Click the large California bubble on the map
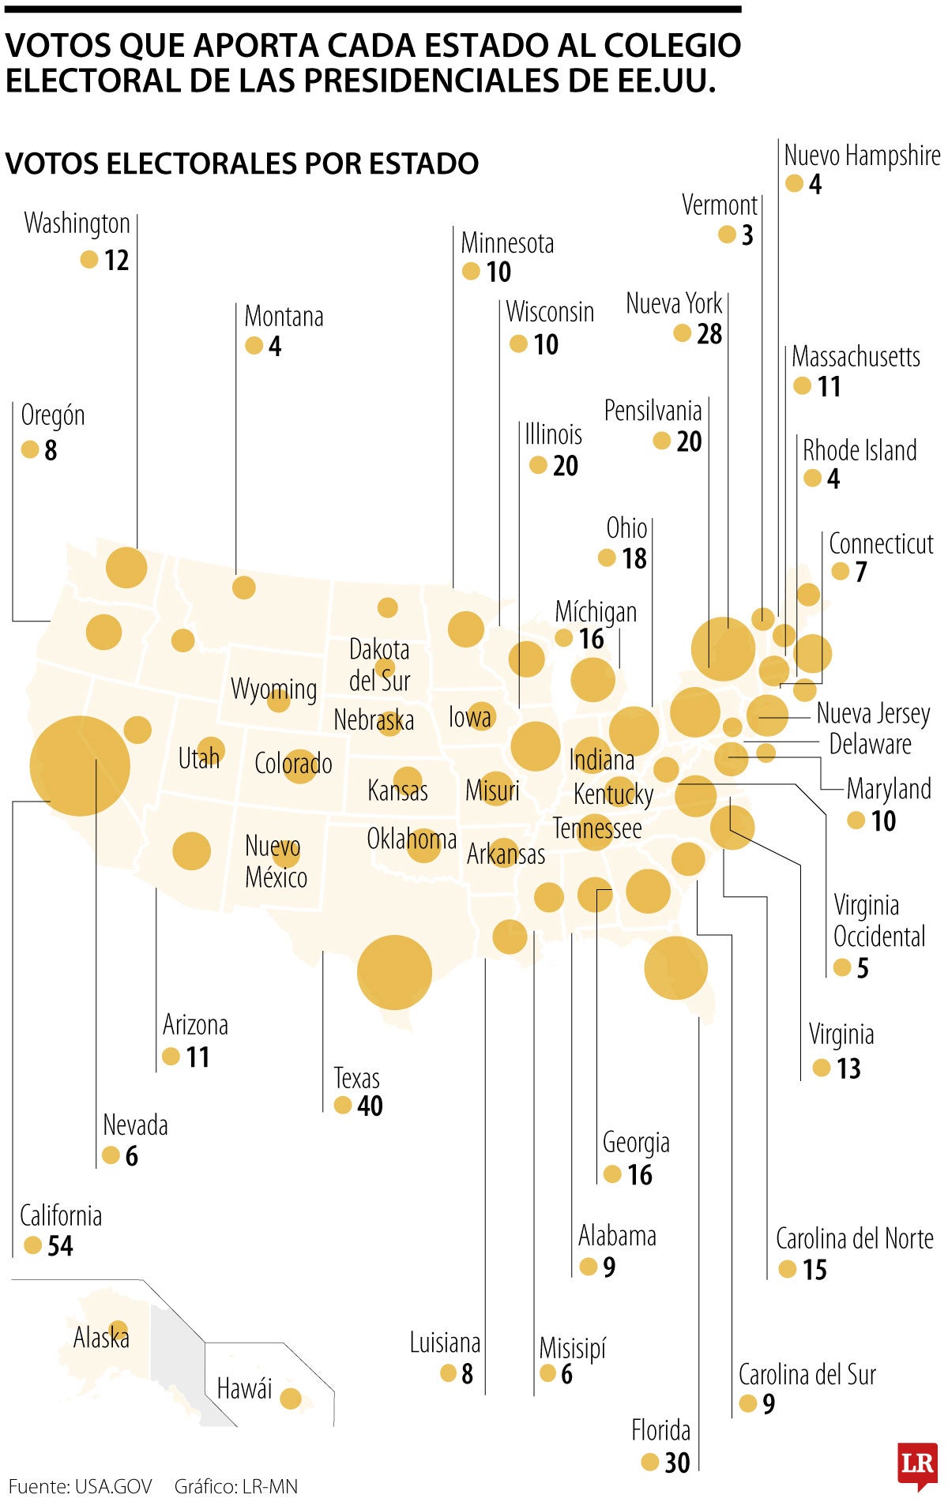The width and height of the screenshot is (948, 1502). point(80,765)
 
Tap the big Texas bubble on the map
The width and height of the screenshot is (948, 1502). point(394,972)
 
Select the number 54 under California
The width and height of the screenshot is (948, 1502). point(60,1245)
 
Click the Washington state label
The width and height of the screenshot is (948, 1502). point(77,223)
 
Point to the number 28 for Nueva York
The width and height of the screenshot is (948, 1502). point(709,334)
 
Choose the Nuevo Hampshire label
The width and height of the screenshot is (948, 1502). point(862,156)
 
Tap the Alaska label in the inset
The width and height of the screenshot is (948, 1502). point(101,1338)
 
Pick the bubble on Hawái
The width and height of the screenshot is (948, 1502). point(291,1399)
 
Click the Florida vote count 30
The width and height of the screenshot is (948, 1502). point(677,1463)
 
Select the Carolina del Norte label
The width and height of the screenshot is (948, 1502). point(854,1238)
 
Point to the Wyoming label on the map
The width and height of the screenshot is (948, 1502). point(273,689)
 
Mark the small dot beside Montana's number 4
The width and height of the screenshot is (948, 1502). point(254,346)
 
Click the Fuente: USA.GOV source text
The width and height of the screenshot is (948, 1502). point(80,1486)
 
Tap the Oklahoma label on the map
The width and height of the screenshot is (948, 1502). point(412,839)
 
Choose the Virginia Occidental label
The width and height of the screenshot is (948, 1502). point(878,921)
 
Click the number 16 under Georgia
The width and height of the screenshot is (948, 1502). point(640,1175)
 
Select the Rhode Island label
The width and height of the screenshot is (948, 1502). point(860,450)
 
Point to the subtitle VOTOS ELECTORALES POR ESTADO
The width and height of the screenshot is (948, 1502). point(242,163)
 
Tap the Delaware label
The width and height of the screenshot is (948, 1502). point(870,744)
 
